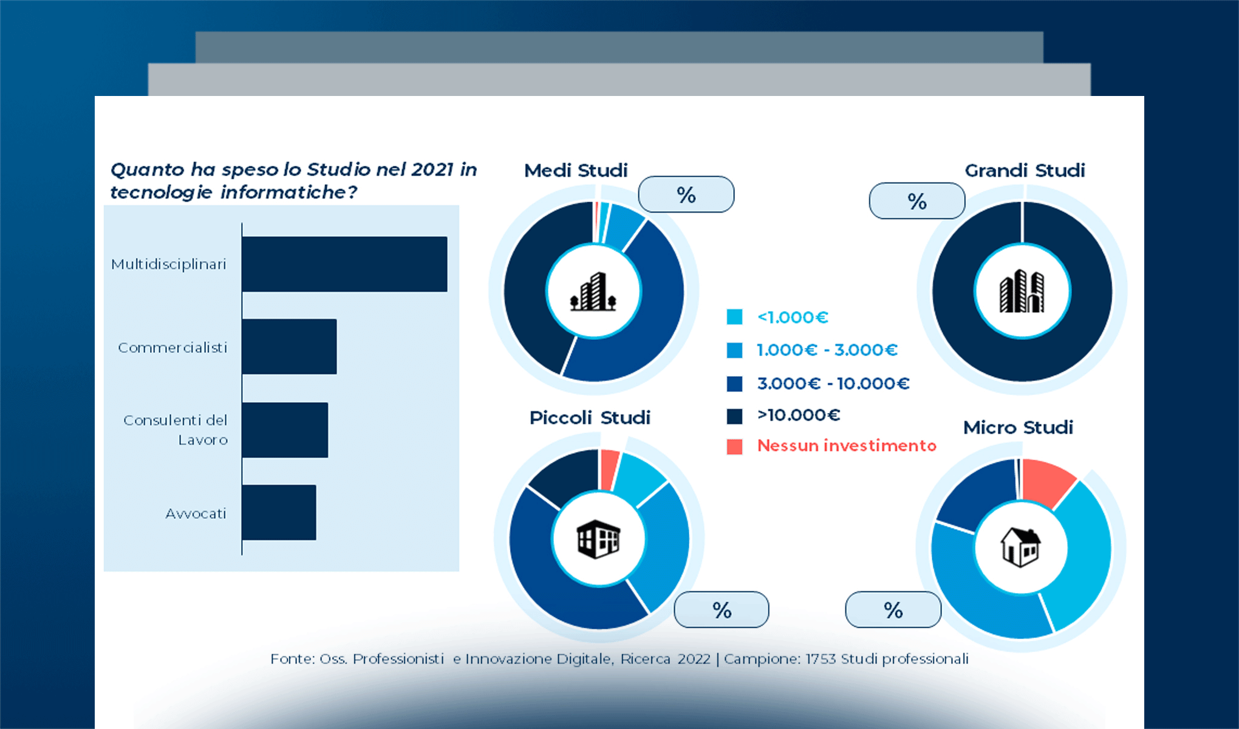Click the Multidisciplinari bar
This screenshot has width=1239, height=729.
point(344,264)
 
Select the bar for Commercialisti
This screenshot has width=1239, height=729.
point(289,346)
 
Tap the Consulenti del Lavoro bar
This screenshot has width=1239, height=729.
point(285,430)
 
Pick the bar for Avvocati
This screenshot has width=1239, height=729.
point(279,512)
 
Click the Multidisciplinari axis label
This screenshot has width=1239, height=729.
point(168,264)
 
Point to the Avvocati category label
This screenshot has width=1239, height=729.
point(196,514)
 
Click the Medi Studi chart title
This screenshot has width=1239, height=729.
point(576,171)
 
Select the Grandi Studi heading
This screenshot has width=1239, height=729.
point(1025,171)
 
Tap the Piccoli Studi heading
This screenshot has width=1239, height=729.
point(590,418)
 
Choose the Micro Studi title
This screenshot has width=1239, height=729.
point(1018,428)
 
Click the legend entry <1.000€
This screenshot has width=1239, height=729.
point(793,317)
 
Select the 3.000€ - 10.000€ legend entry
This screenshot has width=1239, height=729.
point(833,383)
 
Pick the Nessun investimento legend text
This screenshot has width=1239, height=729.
point(846,446)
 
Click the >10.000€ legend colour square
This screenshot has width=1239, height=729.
point(734,416)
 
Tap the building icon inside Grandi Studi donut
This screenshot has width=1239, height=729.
point(1022,292)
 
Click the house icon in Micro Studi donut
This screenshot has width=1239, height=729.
point(1020,547)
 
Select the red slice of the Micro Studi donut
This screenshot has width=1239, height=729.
point(1047,482)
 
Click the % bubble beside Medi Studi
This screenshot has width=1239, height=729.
point(686,195)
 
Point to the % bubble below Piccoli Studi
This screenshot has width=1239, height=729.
point(722,610)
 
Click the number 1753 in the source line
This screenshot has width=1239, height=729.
point(821,659)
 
